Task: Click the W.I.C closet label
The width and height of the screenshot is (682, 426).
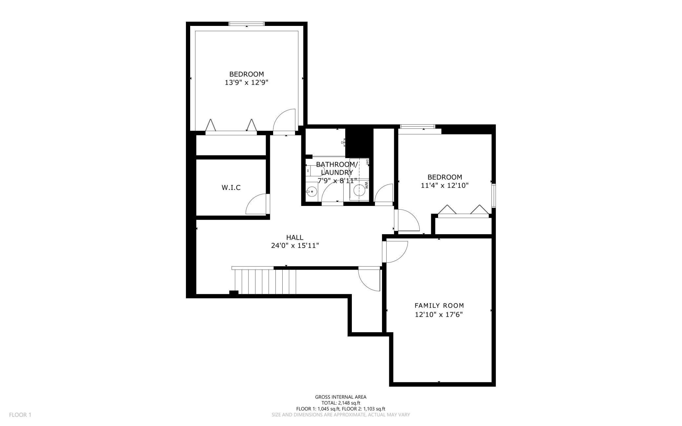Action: coord(231,188)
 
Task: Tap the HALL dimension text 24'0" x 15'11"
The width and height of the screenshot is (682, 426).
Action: coord(295,246)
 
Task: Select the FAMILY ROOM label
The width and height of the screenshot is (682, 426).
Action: coord(439,306)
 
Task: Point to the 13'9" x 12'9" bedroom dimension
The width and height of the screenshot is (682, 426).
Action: coord(246,83)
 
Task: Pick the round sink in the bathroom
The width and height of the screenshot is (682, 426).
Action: coord(311,192)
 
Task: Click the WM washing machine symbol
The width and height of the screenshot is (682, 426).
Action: coord(359,190)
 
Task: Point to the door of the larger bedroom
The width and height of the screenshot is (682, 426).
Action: coord(285,121)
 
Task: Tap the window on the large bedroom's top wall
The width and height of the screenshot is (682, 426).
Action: coord(246,24)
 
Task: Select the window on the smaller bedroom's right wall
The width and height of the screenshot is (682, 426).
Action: coord(493,196)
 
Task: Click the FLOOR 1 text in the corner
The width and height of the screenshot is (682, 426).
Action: coord(20,415)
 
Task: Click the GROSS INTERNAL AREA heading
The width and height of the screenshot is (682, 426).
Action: coord(341,397)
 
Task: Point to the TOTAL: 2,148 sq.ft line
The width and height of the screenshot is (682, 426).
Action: coord(341,403)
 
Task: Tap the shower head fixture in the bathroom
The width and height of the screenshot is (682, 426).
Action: coord(344,142)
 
